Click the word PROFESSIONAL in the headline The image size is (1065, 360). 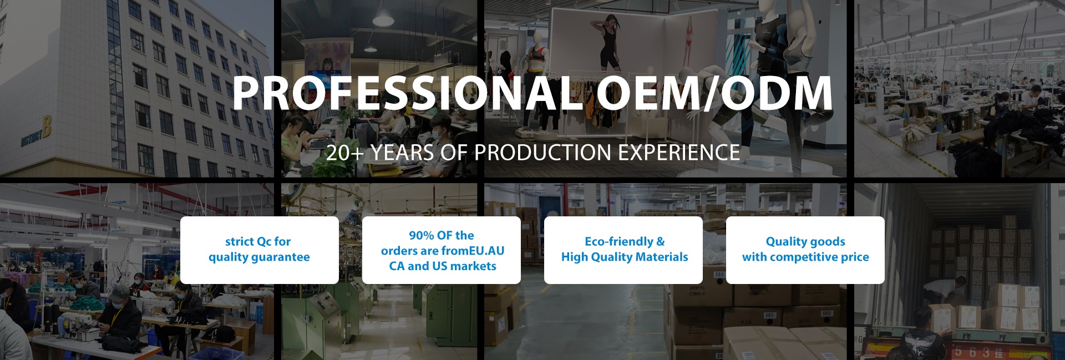407,93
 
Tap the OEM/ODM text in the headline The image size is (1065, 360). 714,93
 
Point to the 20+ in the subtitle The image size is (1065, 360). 344,153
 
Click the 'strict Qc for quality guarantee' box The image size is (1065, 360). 260,250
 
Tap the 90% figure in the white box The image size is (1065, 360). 422,235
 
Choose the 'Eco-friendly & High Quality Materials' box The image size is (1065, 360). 623,250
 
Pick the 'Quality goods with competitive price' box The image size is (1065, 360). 805,250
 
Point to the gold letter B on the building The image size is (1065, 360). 47,127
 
